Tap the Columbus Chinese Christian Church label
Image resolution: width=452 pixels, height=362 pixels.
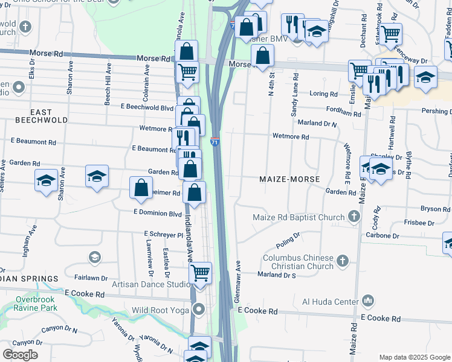pos(298,262)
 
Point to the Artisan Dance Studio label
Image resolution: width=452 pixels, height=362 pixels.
pos(150,284)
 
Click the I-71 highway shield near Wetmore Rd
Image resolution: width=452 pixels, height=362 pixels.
pos(215,142)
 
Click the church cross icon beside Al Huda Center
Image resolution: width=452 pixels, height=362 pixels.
pos(368,300)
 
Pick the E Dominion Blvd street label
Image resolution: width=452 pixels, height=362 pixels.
pos(158,213)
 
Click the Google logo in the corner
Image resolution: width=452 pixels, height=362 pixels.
pos(20,354)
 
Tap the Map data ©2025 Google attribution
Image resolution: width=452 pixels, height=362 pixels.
pos(414,357)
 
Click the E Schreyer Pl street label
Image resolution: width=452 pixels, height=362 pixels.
pos(163,233)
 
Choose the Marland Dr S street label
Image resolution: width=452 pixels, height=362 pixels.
pos(276,275)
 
